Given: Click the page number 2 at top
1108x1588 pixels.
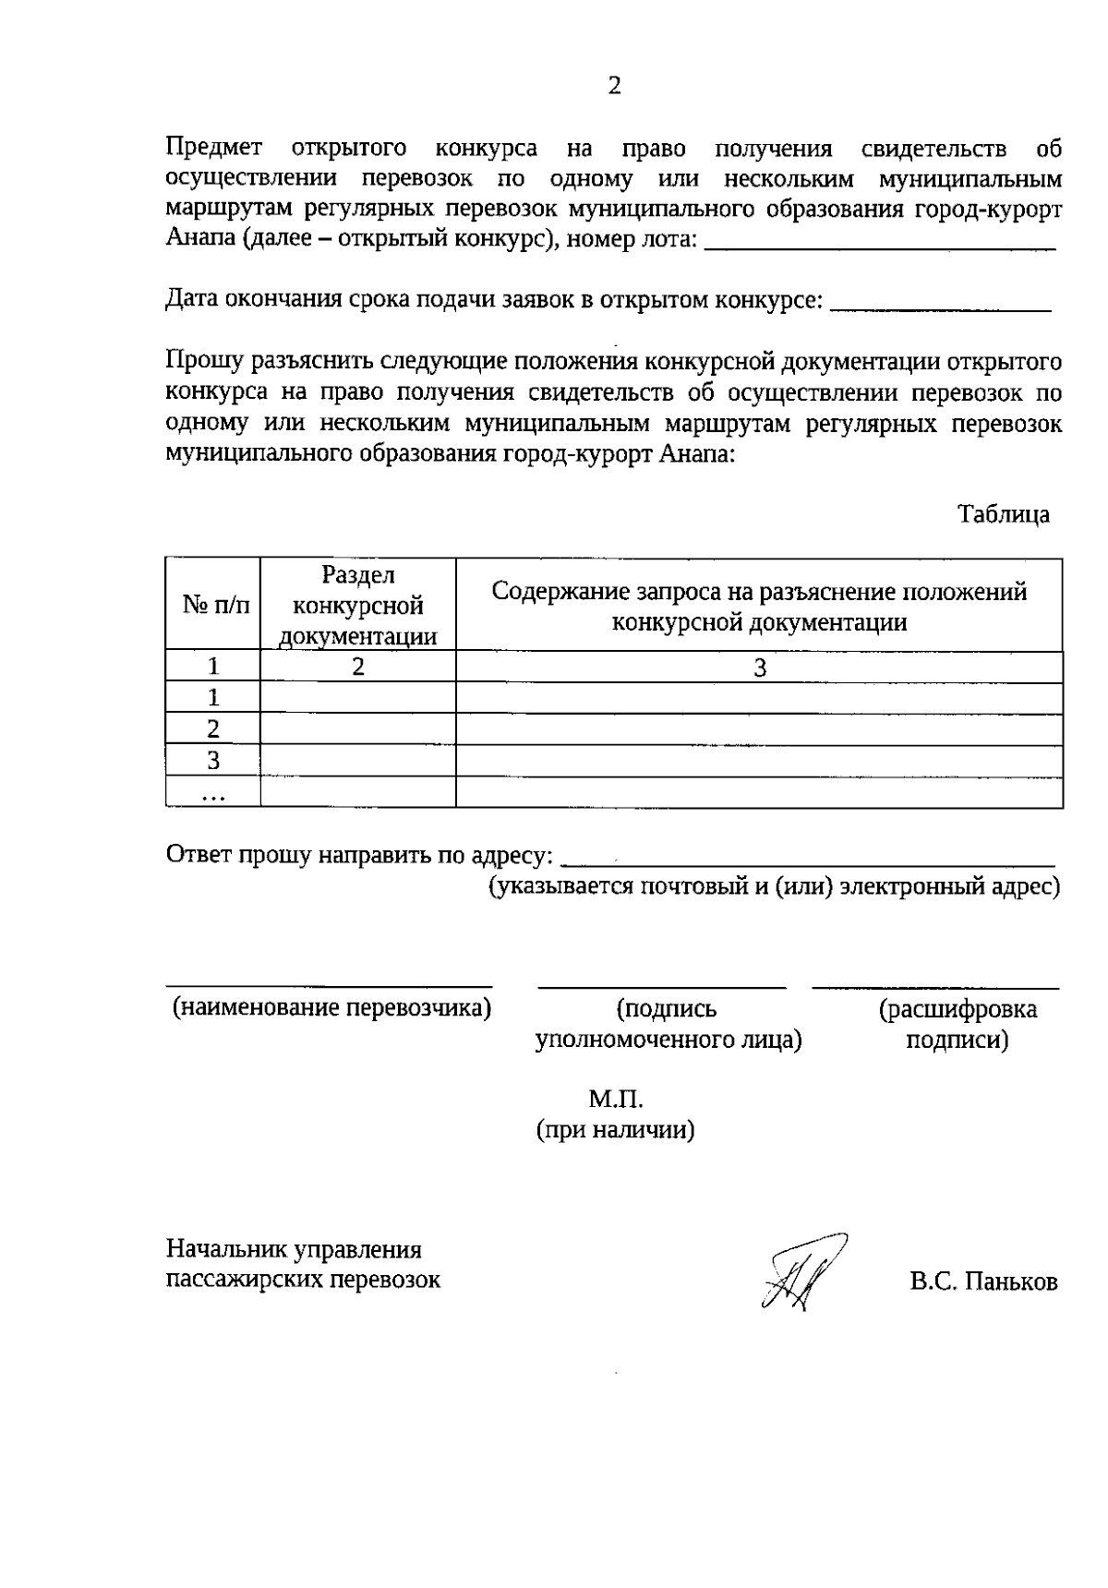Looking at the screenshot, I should point(615,86).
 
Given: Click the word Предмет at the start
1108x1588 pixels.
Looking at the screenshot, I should point(213,148).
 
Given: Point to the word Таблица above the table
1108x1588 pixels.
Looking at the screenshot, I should point(1003,514).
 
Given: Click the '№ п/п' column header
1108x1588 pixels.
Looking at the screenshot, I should point(213,605).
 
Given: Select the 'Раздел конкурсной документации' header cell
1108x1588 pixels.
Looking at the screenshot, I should point(358,605).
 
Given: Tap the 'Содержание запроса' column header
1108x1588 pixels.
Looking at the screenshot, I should point(759,605).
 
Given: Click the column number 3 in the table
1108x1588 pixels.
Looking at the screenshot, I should point(759,668).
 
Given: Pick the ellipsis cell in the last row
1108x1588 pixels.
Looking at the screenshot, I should point(213,793).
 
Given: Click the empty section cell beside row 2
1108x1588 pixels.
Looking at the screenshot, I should point(358,729).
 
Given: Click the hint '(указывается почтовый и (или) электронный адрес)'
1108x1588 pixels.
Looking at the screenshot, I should point(774,887).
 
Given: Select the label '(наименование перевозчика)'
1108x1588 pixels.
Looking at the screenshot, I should point(331,1008).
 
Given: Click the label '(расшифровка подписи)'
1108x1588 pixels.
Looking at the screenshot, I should point(957,1024).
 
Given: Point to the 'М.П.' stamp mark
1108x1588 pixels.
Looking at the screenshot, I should point(616,1100).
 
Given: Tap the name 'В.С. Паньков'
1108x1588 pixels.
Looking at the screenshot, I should point(983,1281).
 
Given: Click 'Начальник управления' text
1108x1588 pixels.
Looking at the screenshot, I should point(294,1249).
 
